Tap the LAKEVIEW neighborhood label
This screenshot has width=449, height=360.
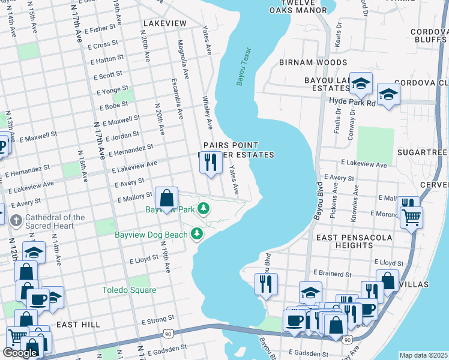tap(164, 23)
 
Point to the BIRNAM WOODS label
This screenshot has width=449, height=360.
tap(313, 62)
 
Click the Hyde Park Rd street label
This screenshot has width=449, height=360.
tap(352, 103)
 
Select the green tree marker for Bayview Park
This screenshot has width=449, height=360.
tap(204, 208)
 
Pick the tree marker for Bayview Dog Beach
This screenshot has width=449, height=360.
tap(196, 233)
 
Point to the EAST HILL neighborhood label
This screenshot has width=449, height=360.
tap(78, 325)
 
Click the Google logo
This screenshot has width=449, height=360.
tap(20, 353)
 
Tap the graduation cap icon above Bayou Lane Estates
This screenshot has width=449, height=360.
tap(361, 83)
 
